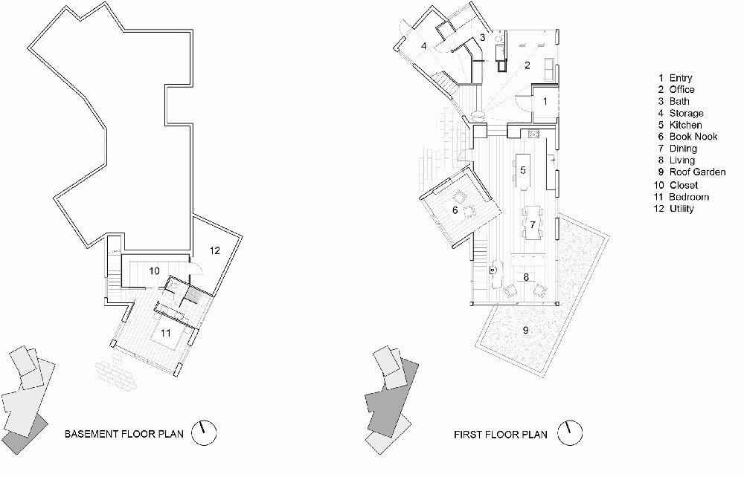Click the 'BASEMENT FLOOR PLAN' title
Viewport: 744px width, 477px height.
124,434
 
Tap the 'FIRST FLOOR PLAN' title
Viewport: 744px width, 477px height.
501,435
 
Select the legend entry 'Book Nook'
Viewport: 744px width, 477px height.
693,137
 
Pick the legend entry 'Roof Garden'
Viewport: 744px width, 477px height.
698,172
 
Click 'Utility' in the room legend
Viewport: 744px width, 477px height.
682,209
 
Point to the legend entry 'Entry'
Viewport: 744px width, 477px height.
681,78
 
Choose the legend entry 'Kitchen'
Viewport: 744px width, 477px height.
686,125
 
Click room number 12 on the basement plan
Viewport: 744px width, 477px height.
215,250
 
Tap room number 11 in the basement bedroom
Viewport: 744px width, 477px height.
165,333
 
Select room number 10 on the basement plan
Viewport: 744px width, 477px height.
154,271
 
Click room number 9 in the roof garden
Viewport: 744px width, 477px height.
525,330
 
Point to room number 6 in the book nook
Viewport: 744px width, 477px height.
455,210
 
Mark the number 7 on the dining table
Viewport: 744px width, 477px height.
533,224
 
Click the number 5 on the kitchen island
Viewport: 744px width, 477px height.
523,170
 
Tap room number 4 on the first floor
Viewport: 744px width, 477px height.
424,45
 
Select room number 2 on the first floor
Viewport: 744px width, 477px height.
527,66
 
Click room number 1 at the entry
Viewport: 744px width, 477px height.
545,101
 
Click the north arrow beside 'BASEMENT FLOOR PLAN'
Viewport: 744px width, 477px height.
204,433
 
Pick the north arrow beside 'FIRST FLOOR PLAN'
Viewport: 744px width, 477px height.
569,433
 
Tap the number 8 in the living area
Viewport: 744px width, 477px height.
526,276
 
